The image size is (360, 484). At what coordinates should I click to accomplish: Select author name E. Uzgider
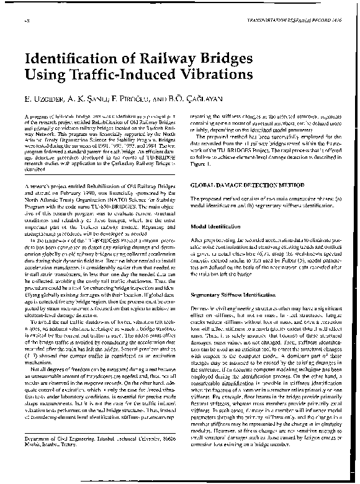(44, 100)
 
